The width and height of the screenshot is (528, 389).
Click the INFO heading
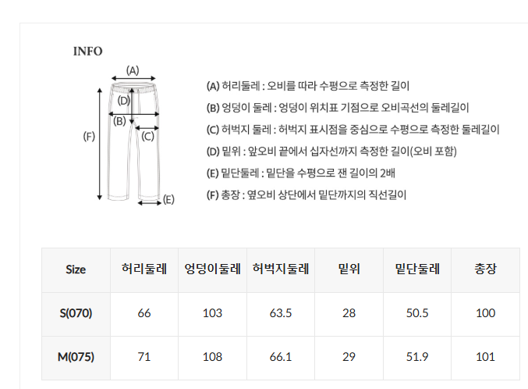click(88, 52)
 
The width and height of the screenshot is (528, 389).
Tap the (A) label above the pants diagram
click(133, 70)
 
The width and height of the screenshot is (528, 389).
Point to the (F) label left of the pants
click(89, 136)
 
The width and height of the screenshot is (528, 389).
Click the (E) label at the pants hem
click(168, 199)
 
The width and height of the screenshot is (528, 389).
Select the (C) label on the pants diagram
click(147, 136)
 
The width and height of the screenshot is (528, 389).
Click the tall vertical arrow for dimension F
click(99, 144)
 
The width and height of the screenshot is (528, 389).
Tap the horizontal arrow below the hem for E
click(150, 203)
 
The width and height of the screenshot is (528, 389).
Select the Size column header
click(76, 269)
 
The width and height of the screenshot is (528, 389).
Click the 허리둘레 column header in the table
click(144, 269)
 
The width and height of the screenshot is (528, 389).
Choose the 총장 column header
click(485, 269)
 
